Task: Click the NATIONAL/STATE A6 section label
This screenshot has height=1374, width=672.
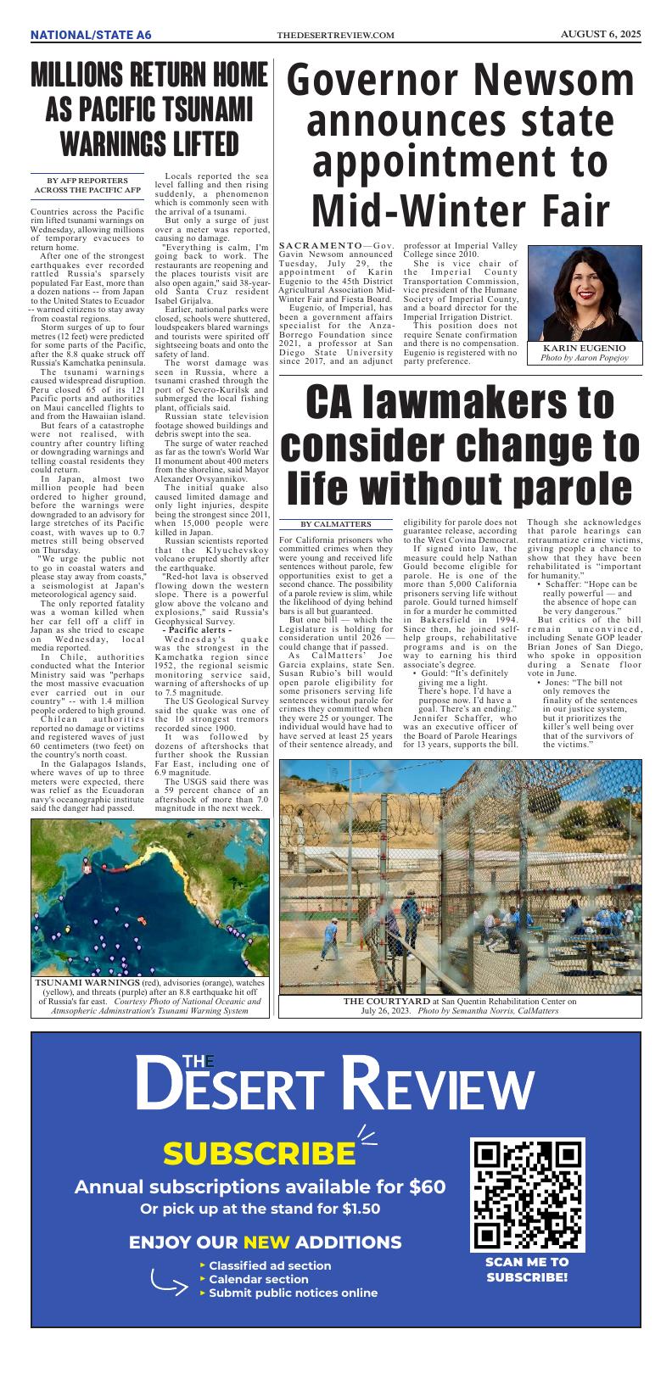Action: (91, 35)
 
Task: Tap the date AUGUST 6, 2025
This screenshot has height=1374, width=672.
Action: (601, 34)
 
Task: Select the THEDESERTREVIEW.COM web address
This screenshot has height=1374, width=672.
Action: (336, 35)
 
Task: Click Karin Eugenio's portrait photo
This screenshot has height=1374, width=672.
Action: (584, 293)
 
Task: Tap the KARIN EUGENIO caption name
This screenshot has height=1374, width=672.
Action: (584, 348)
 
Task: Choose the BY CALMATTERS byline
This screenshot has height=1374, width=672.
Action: (335, 524)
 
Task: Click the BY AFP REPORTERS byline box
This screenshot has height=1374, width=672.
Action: (87, 184)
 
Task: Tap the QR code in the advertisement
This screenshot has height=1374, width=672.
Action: (528, 1195)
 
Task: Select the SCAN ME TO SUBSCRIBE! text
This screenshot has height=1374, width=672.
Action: (527, 1270)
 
